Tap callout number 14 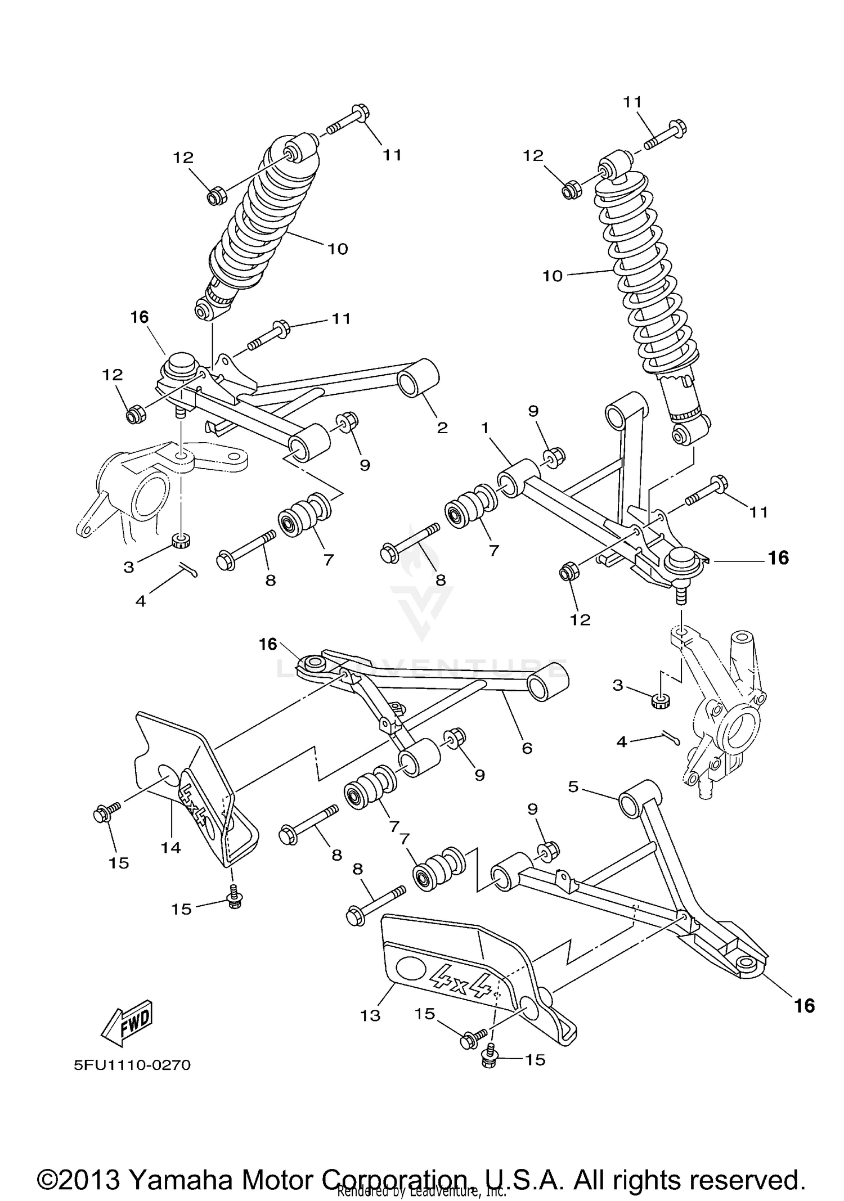coord(170,847)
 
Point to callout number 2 coord(442,428)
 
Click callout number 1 coord(484,428)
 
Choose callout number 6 coord(527,748)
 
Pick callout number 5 coord(573,786)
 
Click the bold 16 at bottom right coord(805,1005)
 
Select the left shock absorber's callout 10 coord(338,248)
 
